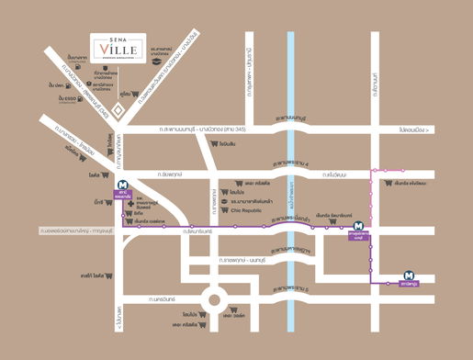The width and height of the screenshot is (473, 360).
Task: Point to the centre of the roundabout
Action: point(218,298)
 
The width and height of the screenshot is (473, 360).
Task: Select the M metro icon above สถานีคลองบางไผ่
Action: point(122,183)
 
